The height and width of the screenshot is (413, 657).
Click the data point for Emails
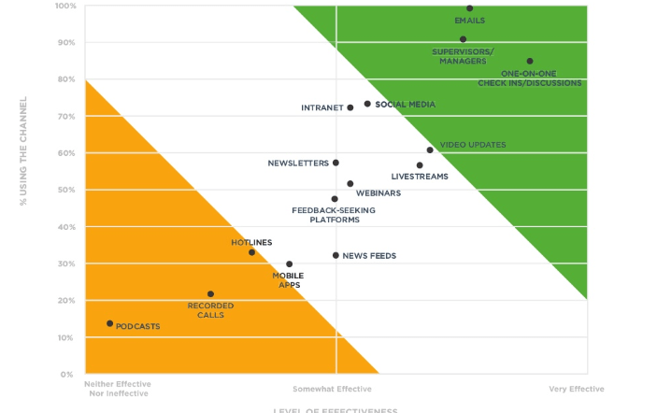point(469,8)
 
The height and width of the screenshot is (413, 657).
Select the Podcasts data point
point(110,323)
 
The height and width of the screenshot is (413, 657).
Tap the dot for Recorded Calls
point(210,293)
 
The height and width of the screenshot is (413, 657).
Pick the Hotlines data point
point(251,252)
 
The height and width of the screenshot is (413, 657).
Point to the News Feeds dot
point(336,255)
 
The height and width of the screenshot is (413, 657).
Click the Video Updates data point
point(430,150)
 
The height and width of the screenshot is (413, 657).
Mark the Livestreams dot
point(420,165)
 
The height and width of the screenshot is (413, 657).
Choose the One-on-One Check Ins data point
point(530,62)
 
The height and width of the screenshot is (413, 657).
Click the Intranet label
point(321,107)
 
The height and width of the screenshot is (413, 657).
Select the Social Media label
point(405,104)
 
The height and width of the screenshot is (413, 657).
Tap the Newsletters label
point(297,163)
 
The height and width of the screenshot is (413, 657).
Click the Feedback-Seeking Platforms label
point(333,215)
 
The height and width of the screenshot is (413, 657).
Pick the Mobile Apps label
point(288,279)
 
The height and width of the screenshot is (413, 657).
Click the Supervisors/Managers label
point(464,56)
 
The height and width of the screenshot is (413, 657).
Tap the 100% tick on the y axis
point(66,6)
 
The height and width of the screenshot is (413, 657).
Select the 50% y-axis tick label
point(68,190)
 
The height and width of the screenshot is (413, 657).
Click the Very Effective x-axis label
point(576,389)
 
